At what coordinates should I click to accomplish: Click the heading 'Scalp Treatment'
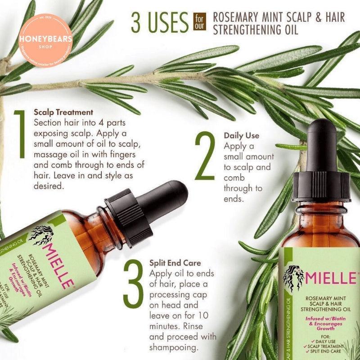click(63, 112)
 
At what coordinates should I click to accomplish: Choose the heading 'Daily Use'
click(242, 135)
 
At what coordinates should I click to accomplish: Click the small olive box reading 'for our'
click(198, 20)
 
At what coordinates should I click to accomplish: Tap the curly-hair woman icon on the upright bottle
click(293, 278)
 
